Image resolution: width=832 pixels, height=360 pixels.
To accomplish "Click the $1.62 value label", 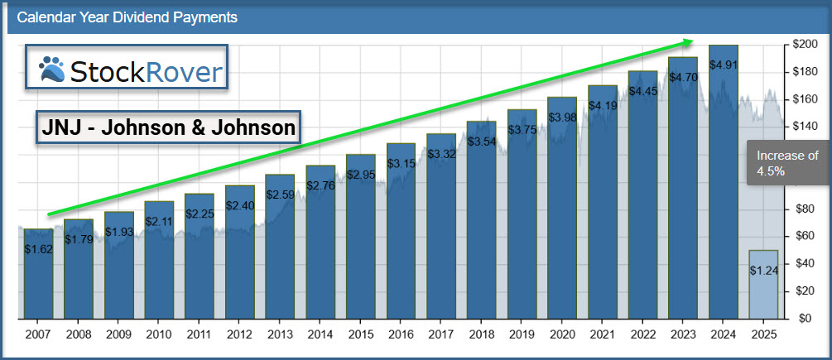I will (x=39, y=248).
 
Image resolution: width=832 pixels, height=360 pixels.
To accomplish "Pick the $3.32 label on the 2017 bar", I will (x=442, y=154).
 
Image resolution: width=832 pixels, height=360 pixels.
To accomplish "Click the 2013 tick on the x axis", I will (x=281, y=336).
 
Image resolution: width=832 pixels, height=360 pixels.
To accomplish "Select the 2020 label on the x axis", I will (x=562, y=336).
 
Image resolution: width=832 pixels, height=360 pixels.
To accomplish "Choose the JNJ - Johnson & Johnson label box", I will (x=169, y=128).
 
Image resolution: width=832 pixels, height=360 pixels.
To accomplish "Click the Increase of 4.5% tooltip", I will (x=786, y=162).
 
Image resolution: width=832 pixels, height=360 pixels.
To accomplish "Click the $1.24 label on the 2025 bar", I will (x=763, y=270).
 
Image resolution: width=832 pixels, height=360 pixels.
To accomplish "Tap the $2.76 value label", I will (x=321, y=186).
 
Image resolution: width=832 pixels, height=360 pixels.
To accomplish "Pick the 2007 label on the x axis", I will (x=39, y=336).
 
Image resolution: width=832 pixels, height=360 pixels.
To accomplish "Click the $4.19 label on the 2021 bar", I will (x=603, y=106).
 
